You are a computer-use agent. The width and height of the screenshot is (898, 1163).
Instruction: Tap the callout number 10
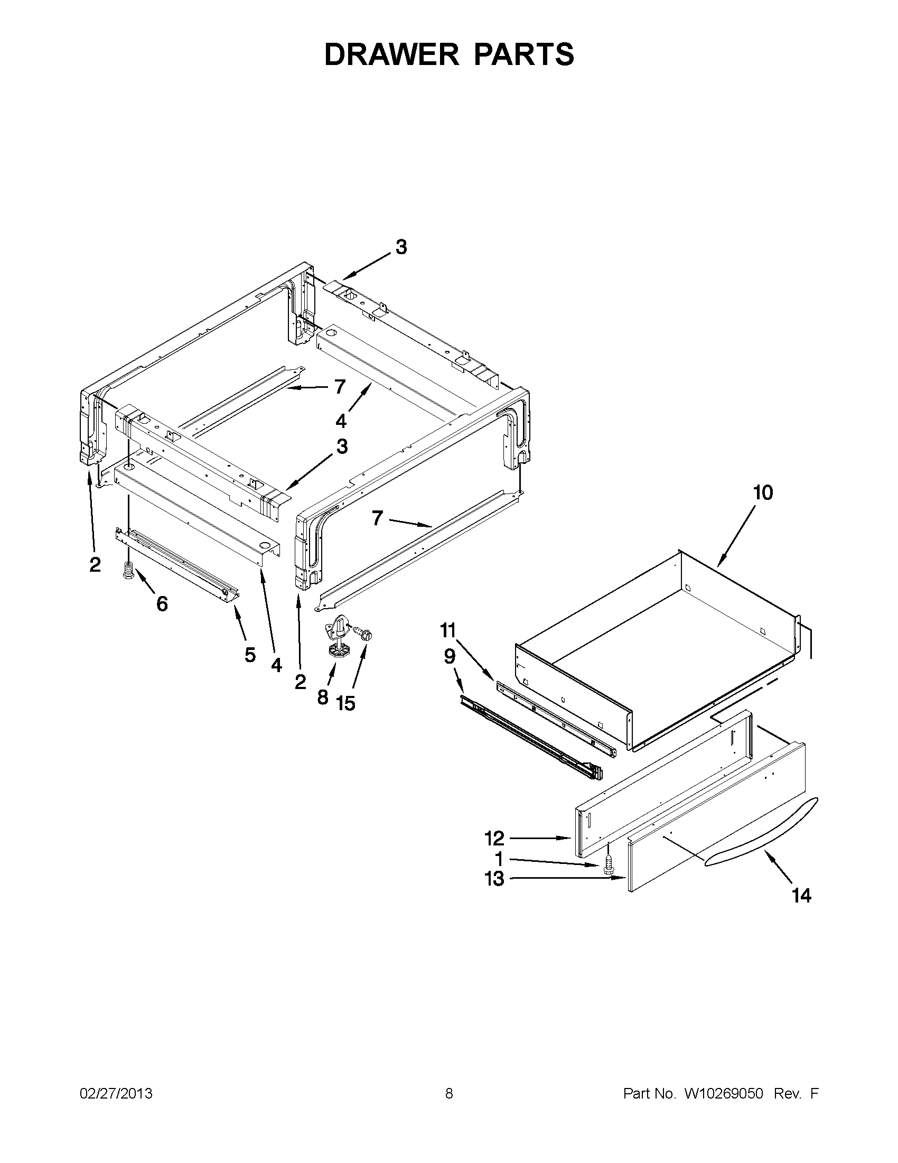(763, 493)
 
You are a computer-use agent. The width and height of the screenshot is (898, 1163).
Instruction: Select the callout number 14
(801, 896)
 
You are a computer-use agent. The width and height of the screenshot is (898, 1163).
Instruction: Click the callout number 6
(162, 603)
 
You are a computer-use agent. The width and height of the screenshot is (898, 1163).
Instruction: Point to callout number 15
(345, 703)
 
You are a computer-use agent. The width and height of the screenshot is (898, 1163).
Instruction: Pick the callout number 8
(323, 697)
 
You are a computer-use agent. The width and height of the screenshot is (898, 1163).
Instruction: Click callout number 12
(494, 839)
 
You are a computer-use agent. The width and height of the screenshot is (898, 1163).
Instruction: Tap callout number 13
(494, 879)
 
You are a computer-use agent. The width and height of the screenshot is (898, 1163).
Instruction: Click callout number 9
(450, 657)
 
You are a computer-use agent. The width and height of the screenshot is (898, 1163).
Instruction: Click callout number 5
(250, 655)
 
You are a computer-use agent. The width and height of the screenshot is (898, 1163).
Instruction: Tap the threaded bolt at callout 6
(128, 571)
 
